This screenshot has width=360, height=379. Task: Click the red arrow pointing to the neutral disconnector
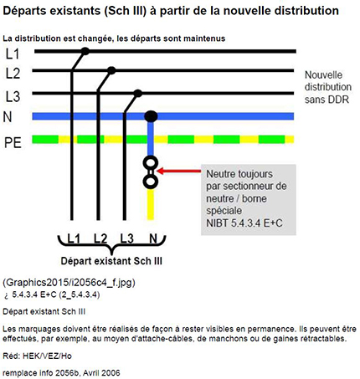179,171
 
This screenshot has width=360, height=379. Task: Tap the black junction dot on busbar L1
85,51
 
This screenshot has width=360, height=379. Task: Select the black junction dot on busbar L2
111,70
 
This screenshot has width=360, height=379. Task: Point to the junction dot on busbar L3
137,93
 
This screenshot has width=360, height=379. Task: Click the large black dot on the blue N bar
151,116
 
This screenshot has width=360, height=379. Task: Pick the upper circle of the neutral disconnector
151,163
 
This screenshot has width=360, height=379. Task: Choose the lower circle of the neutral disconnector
151,182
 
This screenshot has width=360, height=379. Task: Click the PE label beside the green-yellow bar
13,142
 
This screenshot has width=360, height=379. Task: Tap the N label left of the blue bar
8,117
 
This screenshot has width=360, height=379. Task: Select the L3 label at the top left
13,96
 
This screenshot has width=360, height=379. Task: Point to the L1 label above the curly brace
74,238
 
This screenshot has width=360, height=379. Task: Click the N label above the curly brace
153,238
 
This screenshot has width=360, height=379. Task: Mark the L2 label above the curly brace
100,238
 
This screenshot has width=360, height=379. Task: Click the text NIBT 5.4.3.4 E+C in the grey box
244,223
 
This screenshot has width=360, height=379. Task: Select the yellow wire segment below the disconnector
151,204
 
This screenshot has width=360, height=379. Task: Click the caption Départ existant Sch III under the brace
111,261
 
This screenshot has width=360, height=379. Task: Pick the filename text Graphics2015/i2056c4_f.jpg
69,283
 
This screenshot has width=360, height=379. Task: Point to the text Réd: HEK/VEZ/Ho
37,356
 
